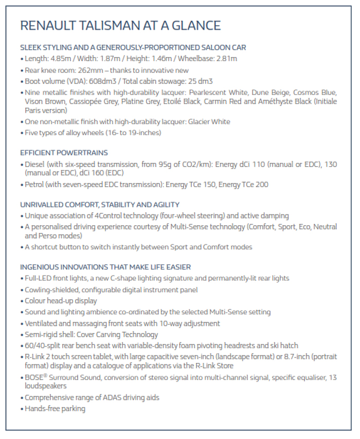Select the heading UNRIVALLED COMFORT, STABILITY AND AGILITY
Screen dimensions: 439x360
[x=100, y=204]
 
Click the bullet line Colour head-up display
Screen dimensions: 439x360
[x=61, y=301]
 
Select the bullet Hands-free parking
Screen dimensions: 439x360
[x=55, y=409]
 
